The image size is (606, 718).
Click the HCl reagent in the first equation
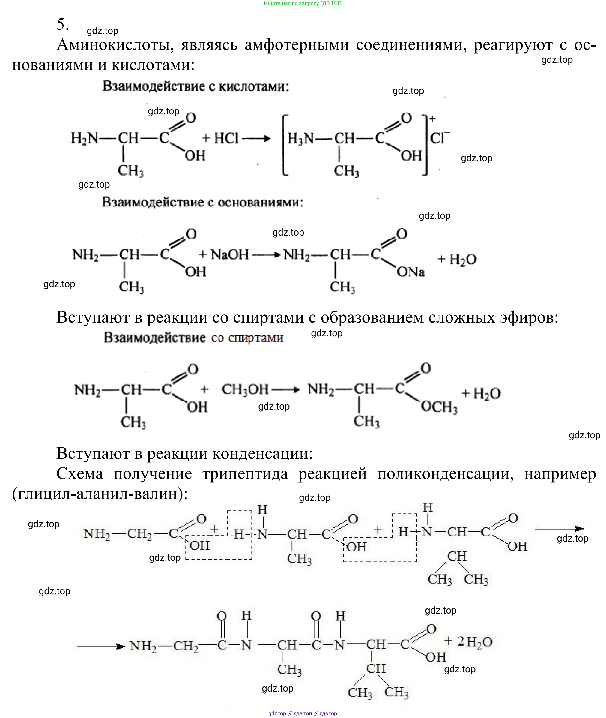coord(226,138)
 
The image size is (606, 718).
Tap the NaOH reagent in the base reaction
coord(229,255)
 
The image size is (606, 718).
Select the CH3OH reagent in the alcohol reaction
coord(245,389)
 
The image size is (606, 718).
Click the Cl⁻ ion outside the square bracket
coord(439,137)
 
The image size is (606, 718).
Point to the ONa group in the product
coord(410,272)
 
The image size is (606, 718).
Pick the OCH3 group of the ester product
coord(439,407)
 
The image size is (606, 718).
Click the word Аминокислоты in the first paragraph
coord(115,45)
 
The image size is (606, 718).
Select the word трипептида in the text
coord(245,474)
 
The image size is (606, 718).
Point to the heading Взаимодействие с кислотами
coord(196,86)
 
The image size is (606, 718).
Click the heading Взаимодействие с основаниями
coord(203,202)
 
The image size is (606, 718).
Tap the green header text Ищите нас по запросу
coord(302,3)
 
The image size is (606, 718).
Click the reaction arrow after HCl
coord(256,139)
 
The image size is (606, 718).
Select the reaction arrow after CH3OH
coord(285,390)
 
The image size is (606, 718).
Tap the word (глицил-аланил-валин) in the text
coord(100,494)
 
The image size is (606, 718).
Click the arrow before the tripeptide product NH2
coord(101,647)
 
